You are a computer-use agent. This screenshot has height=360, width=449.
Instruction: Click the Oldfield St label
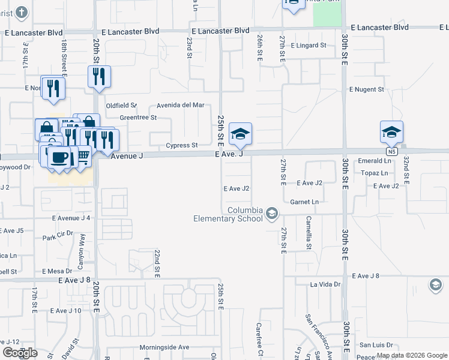point(121,106)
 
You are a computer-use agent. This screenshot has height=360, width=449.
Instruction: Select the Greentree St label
point(138,118)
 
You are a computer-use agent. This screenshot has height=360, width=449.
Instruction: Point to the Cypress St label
point(182,146)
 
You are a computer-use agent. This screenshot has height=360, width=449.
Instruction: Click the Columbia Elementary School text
point(228,214)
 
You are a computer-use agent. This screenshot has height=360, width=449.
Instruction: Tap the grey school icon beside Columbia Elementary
point(272,213)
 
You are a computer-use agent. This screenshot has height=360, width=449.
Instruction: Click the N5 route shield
point(392,152)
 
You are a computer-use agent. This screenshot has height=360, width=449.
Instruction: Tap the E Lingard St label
point(308,46)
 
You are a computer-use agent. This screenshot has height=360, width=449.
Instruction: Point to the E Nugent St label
point(367,89)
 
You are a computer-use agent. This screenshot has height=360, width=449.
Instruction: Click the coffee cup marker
point(59,157)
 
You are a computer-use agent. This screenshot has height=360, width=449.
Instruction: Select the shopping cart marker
point(83,157)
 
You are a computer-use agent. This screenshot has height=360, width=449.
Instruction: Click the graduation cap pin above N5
point(391,131)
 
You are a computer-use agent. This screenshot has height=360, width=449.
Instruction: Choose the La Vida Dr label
point(325,284)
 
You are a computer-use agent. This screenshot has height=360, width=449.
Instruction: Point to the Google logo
point(20,353)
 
